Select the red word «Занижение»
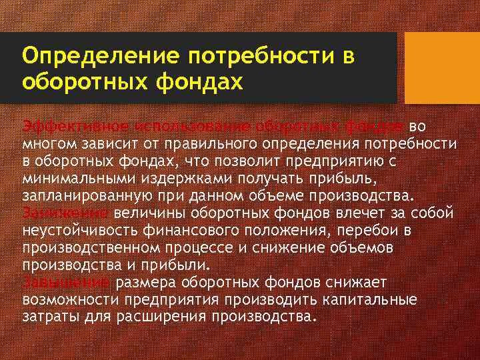coord(65,213)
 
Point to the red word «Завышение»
coord(67,283)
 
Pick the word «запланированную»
coord(85,196)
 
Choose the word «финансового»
coord(180,231)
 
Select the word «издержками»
coord(160,179)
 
